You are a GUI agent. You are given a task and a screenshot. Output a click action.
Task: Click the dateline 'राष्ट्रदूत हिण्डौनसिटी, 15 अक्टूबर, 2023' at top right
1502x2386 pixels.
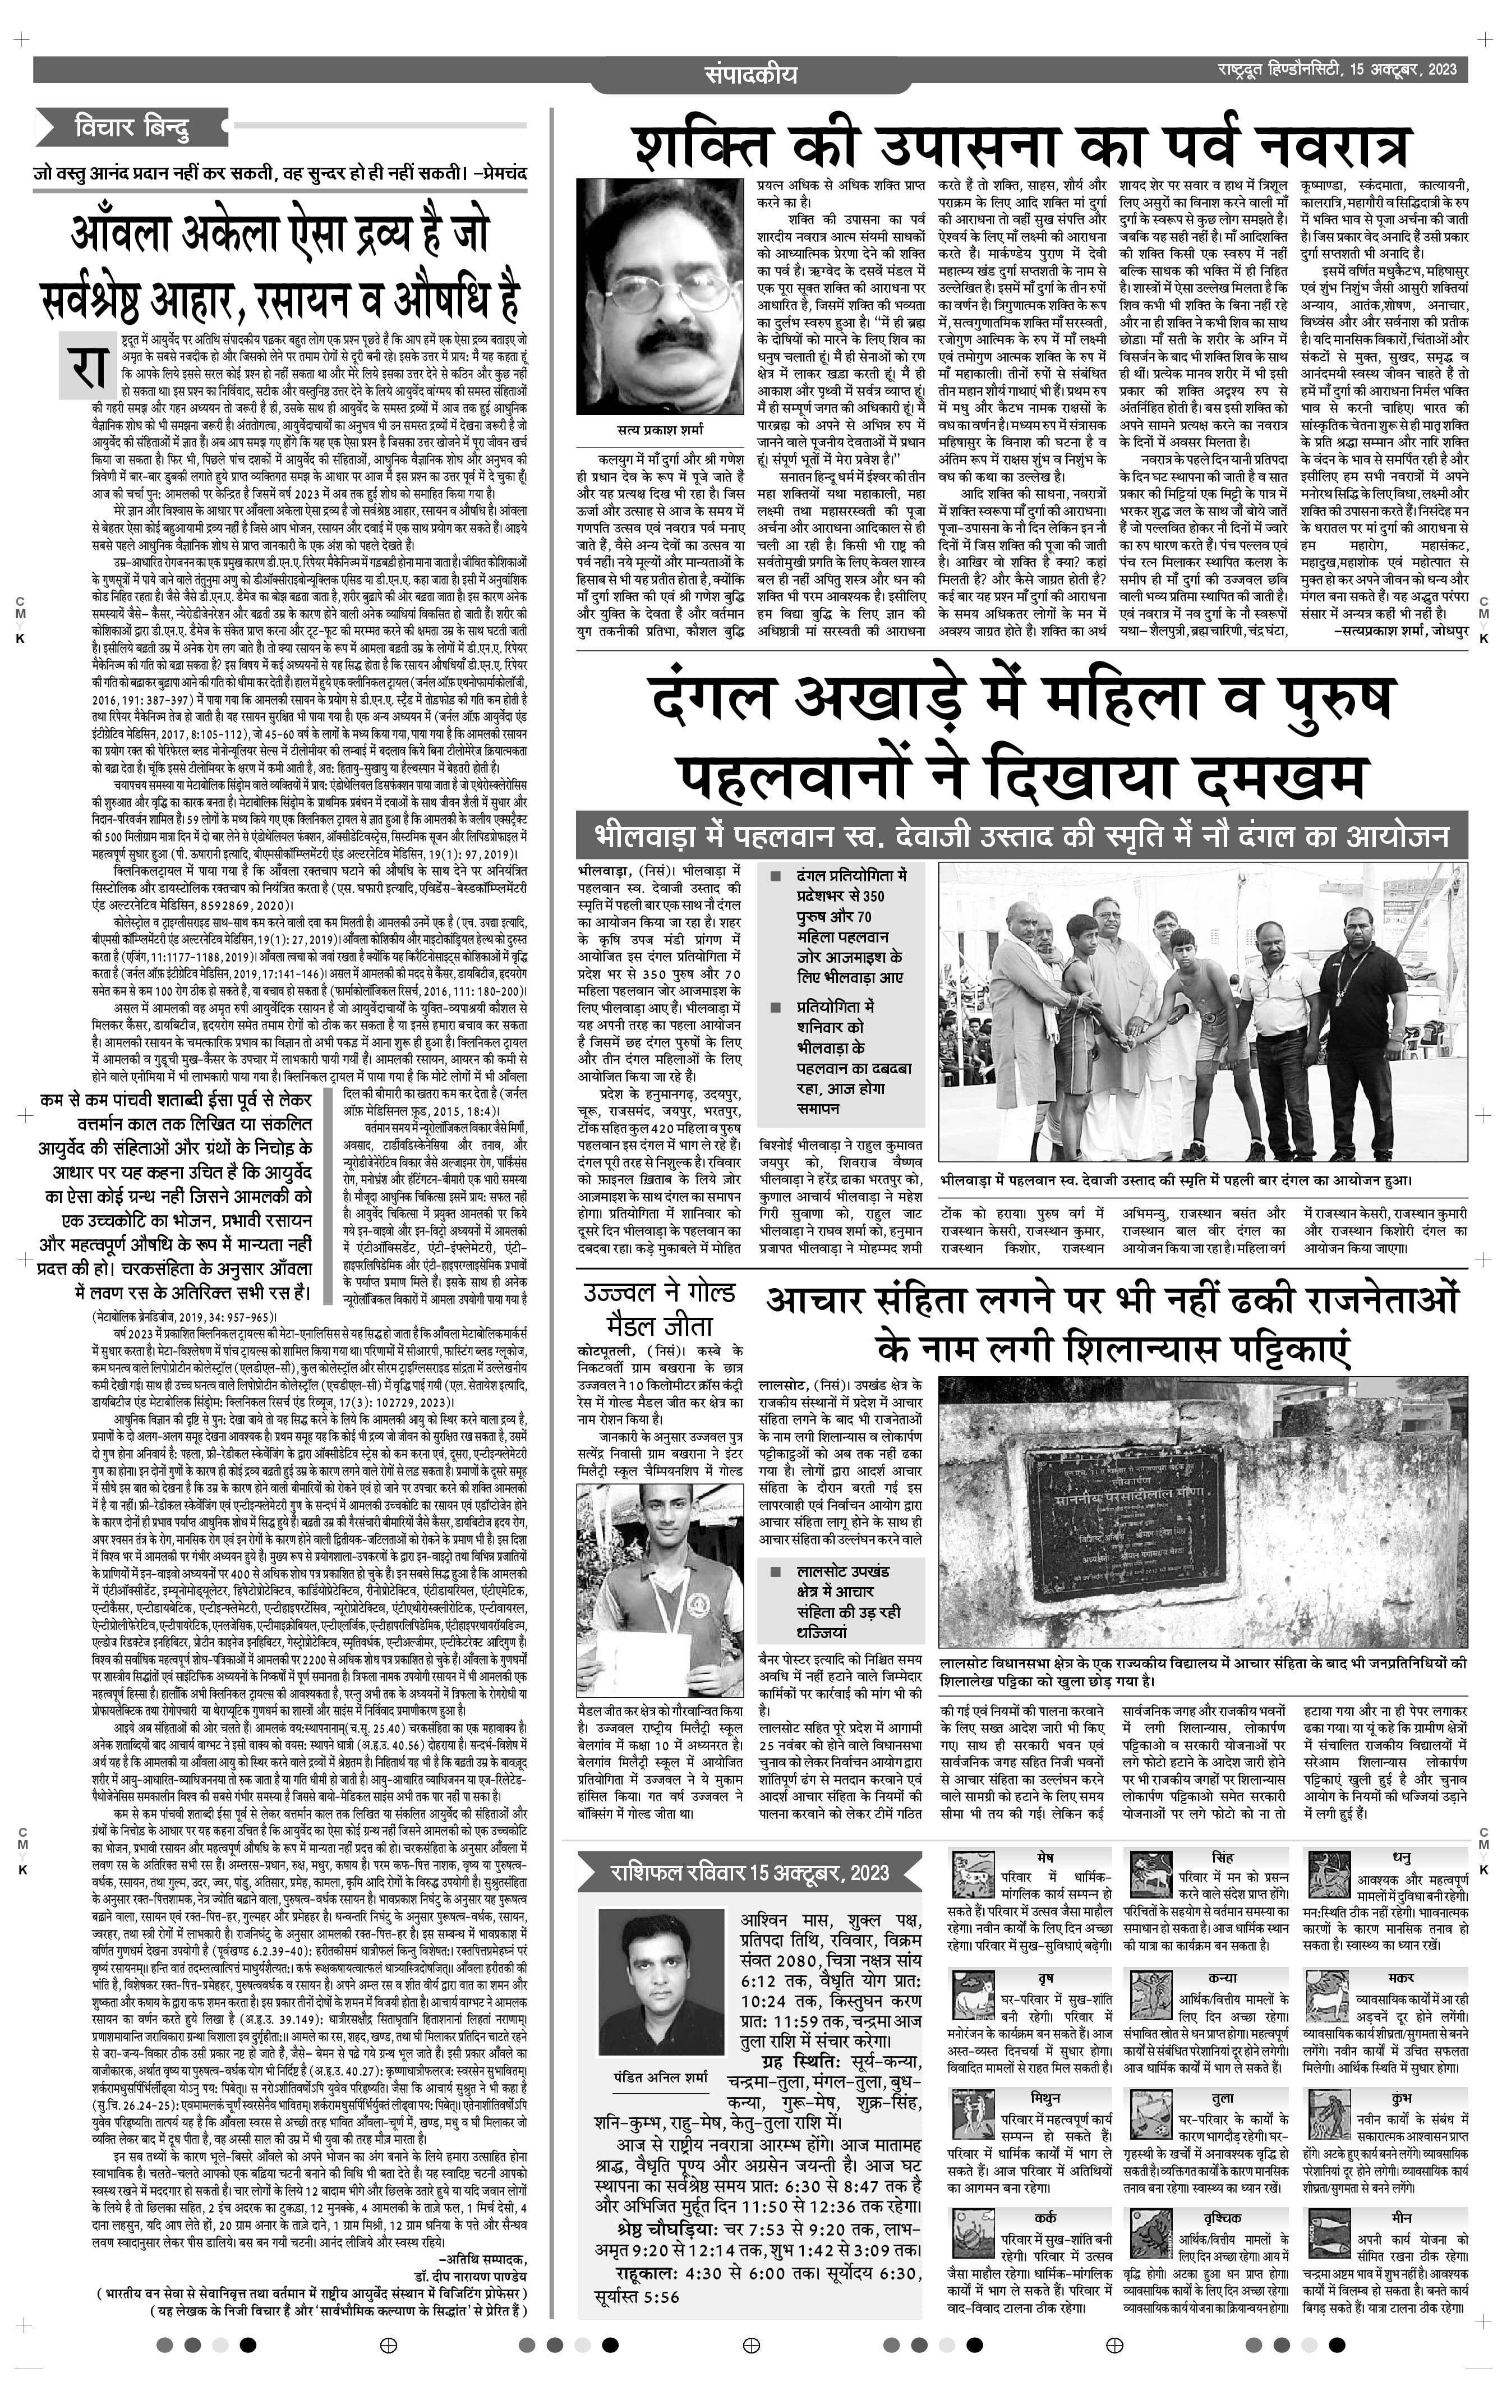tap(1337, 70)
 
